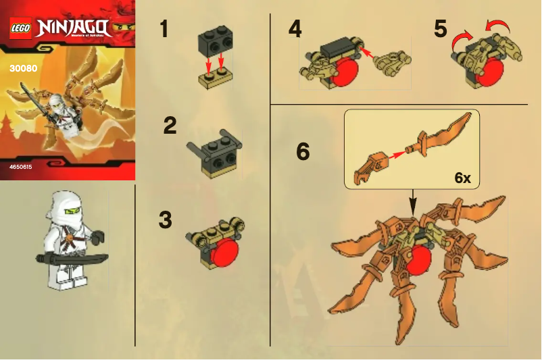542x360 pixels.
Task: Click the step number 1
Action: point(164,29)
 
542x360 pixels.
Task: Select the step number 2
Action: point(170,126)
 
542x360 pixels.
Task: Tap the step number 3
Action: point(165,220)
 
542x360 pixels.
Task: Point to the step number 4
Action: point(295,29)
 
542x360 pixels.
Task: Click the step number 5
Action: point(441,29)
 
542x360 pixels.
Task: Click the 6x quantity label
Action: point(462,178)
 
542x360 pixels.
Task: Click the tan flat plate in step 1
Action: point(212,80)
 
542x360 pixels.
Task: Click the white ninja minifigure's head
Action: point(67,207)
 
